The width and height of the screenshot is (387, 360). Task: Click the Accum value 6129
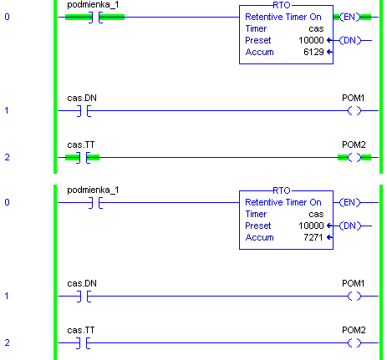click(313, 52)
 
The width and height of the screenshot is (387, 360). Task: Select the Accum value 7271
click(313, 237)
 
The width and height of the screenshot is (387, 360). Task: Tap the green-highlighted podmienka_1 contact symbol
click(95, 18)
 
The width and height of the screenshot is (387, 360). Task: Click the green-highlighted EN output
click(349, 17)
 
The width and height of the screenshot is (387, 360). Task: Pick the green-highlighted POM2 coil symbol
click(354, 158)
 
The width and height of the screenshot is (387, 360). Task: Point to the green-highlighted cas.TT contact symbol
click(84, 158)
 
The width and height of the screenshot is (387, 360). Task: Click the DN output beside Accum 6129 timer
click(349, 40)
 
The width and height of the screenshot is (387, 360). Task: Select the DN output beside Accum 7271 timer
click(349, 226)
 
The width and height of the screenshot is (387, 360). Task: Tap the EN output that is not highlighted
click(349, 202)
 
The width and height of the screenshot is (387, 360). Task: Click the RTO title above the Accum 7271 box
click(282, 190)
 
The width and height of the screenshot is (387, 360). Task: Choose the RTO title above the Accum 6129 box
click(282, 5)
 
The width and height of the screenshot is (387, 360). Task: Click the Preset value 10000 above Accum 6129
click(311, 40)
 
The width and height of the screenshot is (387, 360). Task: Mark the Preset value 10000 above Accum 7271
click(311, 226)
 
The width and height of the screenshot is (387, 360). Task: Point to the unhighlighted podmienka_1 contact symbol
click(95, 203)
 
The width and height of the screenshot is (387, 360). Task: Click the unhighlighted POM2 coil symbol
click(354, 343)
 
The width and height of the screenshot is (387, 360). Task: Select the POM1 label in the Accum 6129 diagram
click(354, 98)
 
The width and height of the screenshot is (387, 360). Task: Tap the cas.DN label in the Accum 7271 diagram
click(82, 283)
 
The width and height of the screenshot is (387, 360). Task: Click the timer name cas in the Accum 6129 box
click(316, 28)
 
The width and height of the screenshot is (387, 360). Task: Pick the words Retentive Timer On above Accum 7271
click(283, 202)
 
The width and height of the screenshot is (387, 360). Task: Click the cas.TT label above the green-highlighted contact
click(81, 145)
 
